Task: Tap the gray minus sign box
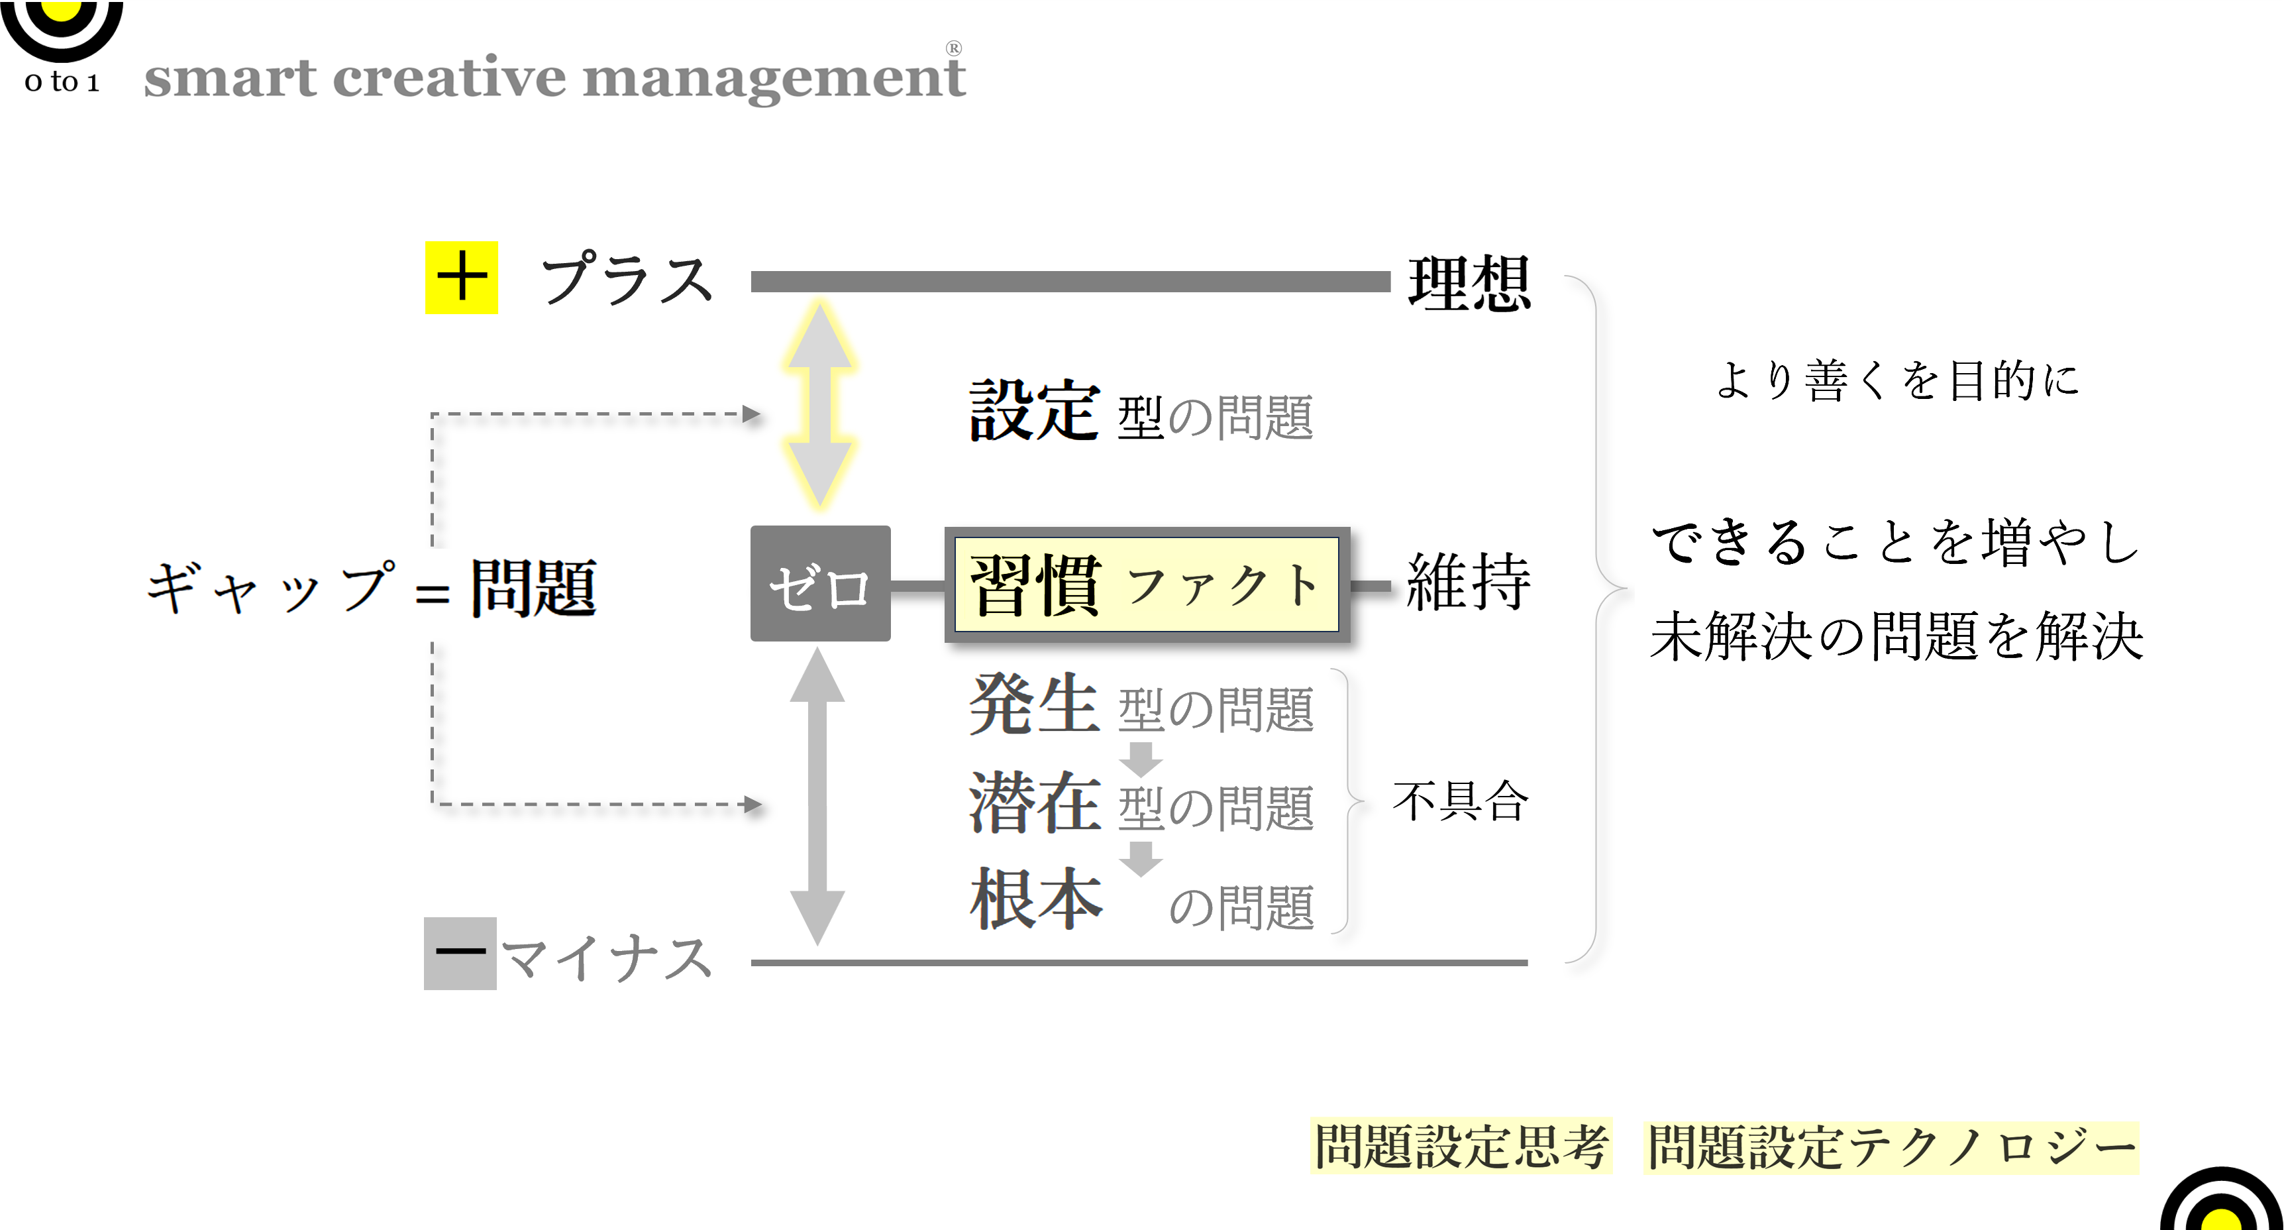pos(460,954)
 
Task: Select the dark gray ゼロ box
pos(820,583)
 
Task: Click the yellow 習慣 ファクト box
pos(1147,585)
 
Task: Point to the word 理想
pos(1469,283)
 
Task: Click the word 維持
pos(1469,582)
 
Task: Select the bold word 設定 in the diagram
pos(1035,411)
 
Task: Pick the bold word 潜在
pos(1035,803)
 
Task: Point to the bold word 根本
pos(1035,899)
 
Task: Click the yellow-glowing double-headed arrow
pos(819,404)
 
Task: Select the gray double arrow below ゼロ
pos(817,797)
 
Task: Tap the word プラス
pos(627,278)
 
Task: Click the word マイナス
pos(607,958)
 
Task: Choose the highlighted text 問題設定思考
pos(1461,1146)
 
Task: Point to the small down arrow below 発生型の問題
pos(1141,758)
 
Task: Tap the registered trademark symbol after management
pos(953,48)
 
